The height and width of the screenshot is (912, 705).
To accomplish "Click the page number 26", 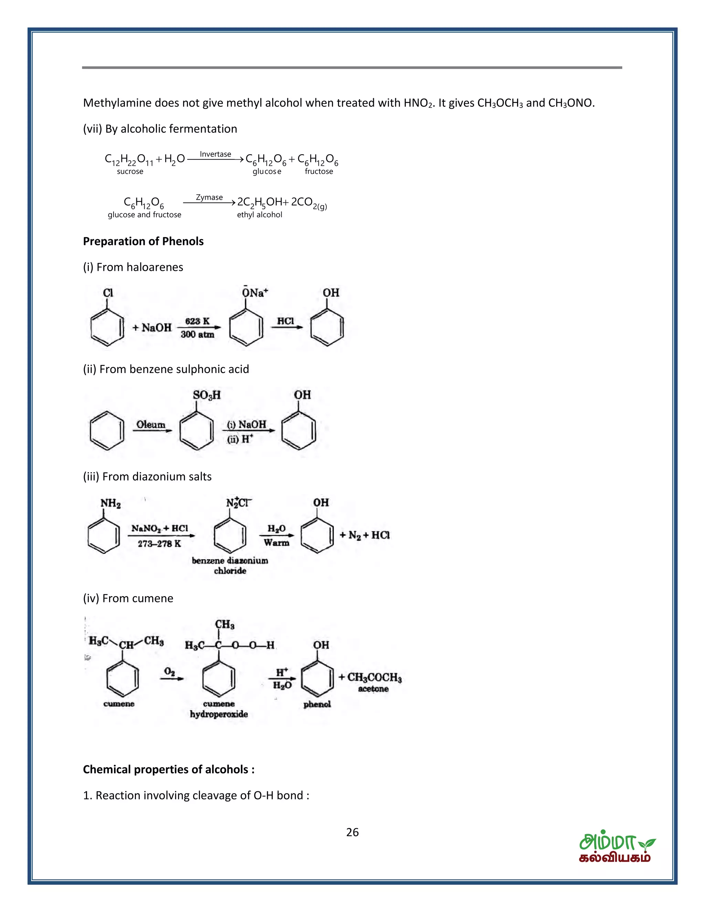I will point(352,832).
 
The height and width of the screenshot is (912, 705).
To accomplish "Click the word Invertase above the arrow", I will point(215,154).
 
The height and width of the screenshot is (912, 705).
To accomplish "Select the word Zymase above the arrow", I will point(209,197).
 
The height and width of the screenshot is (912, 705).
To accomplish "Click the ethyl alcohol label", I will point(259,215).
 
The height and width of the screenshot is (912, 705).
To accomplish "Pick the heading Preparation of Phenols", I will point(143,241).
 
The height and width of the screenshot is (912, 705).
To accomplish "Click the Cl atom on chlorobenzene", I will point(108,293).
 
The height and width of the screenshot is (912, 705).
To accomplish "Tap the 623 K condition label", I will point(197,321).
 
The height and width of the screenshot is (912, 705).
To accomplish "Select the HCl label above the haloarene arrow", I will point(286,321).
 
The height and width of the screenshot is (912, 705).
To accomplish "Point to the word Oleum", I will point(151,424).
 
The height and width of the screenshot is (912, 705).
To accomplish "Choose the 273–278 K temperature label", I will point(159,543).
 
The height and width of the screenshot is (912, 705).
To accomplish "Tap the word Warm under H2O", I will point(276,542).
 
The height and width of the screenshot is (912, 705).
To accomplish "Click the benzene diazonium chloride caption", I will point(230,565).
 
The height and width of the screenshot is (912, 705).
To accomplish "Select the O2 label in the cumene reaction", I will point(169,671).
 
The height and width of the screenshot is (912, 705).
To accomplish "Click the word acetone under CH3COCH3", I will point(373,689).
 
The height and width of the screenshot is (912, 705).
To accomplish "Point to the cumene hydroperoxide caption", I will point(219,709).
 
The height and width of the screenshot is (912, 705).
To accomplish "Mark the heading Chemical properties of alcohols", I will point(169,769).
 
